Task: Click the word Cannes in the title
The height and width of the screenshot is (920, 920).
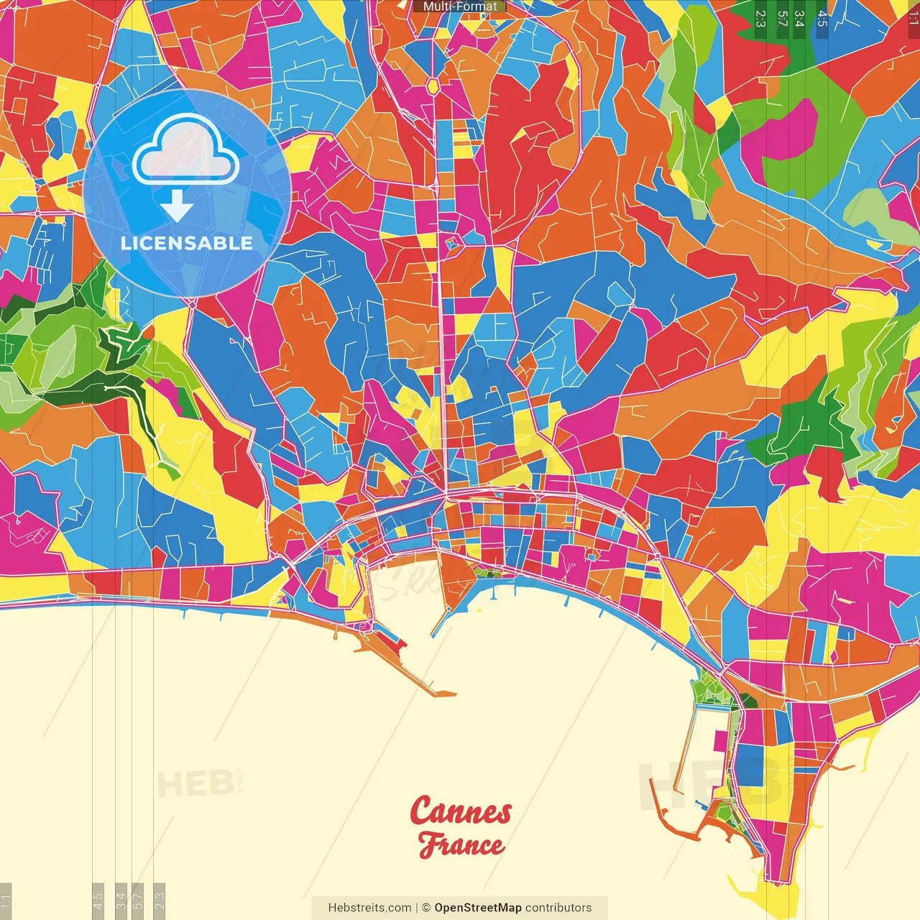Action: [x=461, y=811]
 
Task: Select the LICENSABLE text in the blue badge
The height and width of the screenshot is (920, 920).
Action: [x=187, y=243]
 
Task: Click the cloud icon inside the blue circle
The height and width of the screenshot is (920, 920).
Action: [x=185, y=149]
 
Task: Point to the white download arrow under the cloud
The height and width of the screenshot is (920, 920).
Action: [x=177, y=207]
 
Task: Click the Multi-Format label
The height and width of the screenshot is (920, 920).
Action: [x=459, y=6]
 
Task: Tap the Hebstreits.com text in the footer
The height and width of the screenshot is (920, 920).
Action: [x=369, y=908]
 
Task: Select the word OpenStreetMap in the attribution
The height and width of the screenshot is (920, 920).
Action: [x=478, y=908]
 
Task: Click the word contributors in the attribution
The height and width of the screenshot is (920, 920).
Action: [x=558, y=908]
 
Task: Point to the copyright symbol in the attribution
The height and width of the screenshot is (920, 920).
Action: [x=425, y=908]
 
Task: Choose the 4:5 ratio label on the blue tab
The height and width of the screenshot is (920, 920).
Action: [x=822, y=19]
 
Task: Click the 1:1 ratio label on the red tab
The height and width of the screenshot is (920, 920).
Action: [x=914, y=19]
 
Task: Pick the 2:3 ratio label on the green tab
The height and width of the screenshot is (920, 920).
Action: [x=760, y=19]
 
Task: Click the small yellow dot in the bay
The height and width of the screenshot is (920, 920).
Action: [x=479, y=610]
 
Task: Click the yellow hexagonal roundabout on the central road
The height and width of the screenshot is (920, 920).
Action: [x=433, y=86]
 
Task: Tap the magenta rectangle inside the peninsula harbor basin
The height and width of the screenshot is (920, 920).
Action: [x=720, y=738]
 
